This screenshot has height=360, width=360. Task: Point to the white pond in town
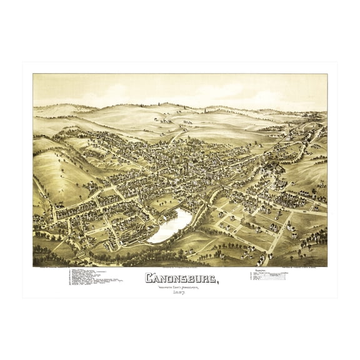click(x=171, y=226)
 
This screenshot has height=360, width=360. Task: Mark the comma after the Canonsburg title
click(x=217, y=282)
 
